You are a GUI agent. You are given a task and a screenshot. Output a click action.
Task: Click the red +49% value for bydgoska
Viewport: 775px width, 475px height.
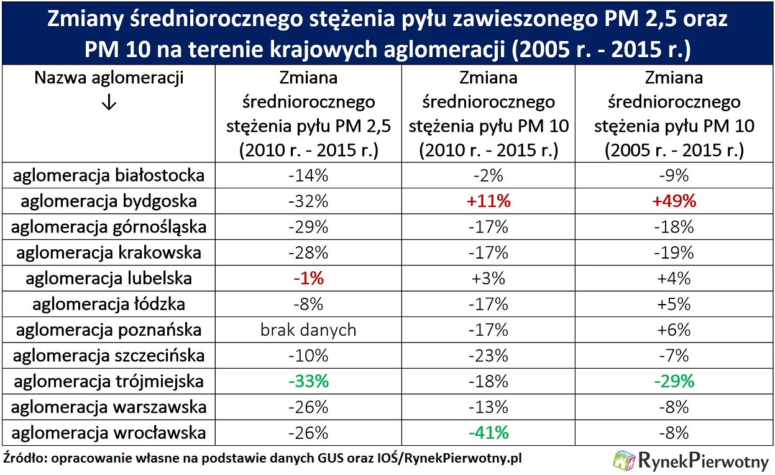point(674,201)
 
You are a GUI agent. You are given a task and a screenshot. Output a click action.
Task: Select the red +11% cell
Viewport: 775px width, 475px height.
point(488,201)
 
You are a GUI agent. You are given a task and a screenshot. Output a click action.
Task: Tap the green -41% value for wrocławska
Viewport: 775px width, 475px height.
point(488,433)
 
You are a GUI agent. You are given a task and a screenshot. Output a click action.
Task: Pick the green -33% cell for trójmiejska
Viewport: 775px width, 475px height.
point(308,381)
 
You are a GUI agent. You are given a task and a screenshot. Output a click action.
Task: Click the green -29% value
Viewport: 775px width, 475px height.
point(674,381)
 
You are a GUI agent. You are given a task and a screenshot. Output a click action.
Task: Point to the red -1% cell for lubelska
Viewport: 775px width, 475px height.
point(308,279)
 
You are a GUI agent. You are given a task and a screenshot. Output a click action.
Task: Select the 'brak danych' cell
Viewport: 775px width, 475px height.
point(308,330)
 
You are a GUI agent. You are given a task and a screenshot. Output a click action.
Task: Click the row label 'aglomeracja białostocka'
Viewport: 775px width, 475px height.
point(109,175)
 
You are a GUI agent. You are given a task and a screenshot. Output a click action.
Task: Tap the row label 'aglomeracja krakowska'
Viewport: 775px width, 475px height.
point(109,252)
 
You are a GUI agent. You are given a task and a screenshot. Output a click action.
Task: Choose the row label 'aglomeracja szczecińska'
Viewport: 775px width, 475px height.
point(109,356)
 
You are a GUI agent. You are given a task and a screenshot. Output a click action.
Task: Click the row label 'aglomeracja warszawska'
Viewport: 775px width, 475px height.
point(109,407)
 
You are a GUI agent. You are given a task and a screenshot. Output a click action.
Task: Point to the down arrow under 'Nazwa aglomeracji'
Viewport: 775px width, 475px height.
point(108,103)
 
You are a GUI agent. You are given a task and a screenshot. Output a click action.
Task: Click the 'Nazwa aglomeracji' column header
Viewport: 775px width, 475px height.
point(109,78)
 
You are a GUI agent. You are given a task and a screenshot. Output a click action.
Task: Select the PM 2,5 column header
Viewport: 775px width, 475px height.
point(308,114)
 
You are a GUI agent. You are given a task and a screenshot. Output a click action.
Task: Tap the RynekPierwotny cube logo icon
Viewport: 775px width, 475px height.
point(624,461)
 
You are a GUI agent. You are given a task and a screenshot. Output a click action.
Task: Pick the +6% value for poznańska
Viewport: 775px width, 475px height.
point(674,330)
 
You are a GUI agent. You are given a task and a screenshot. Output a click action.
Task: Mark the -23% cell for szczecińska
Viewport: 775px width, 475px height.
point(488,356)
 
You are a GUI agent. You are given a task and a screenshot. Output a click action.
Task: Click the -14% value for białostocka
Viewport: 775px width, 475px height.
point(308,175)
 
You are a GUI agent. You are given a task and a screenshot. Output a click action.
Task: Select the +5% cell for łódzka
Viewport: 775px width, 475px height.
point(674,304)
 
